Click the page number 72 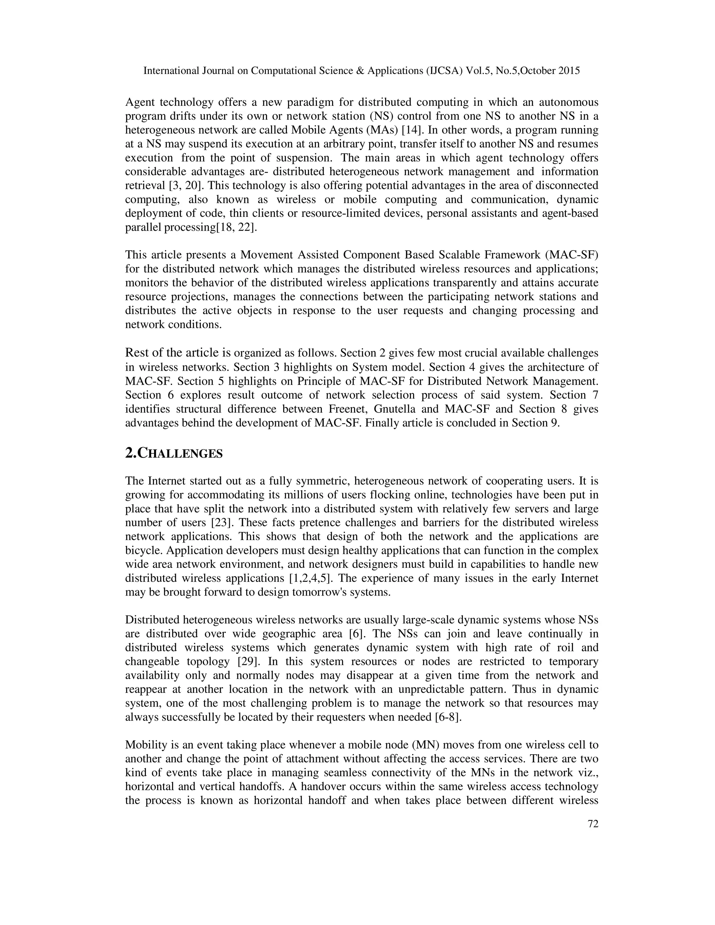(593, 836)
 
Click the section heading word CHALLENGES (181, 454)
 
